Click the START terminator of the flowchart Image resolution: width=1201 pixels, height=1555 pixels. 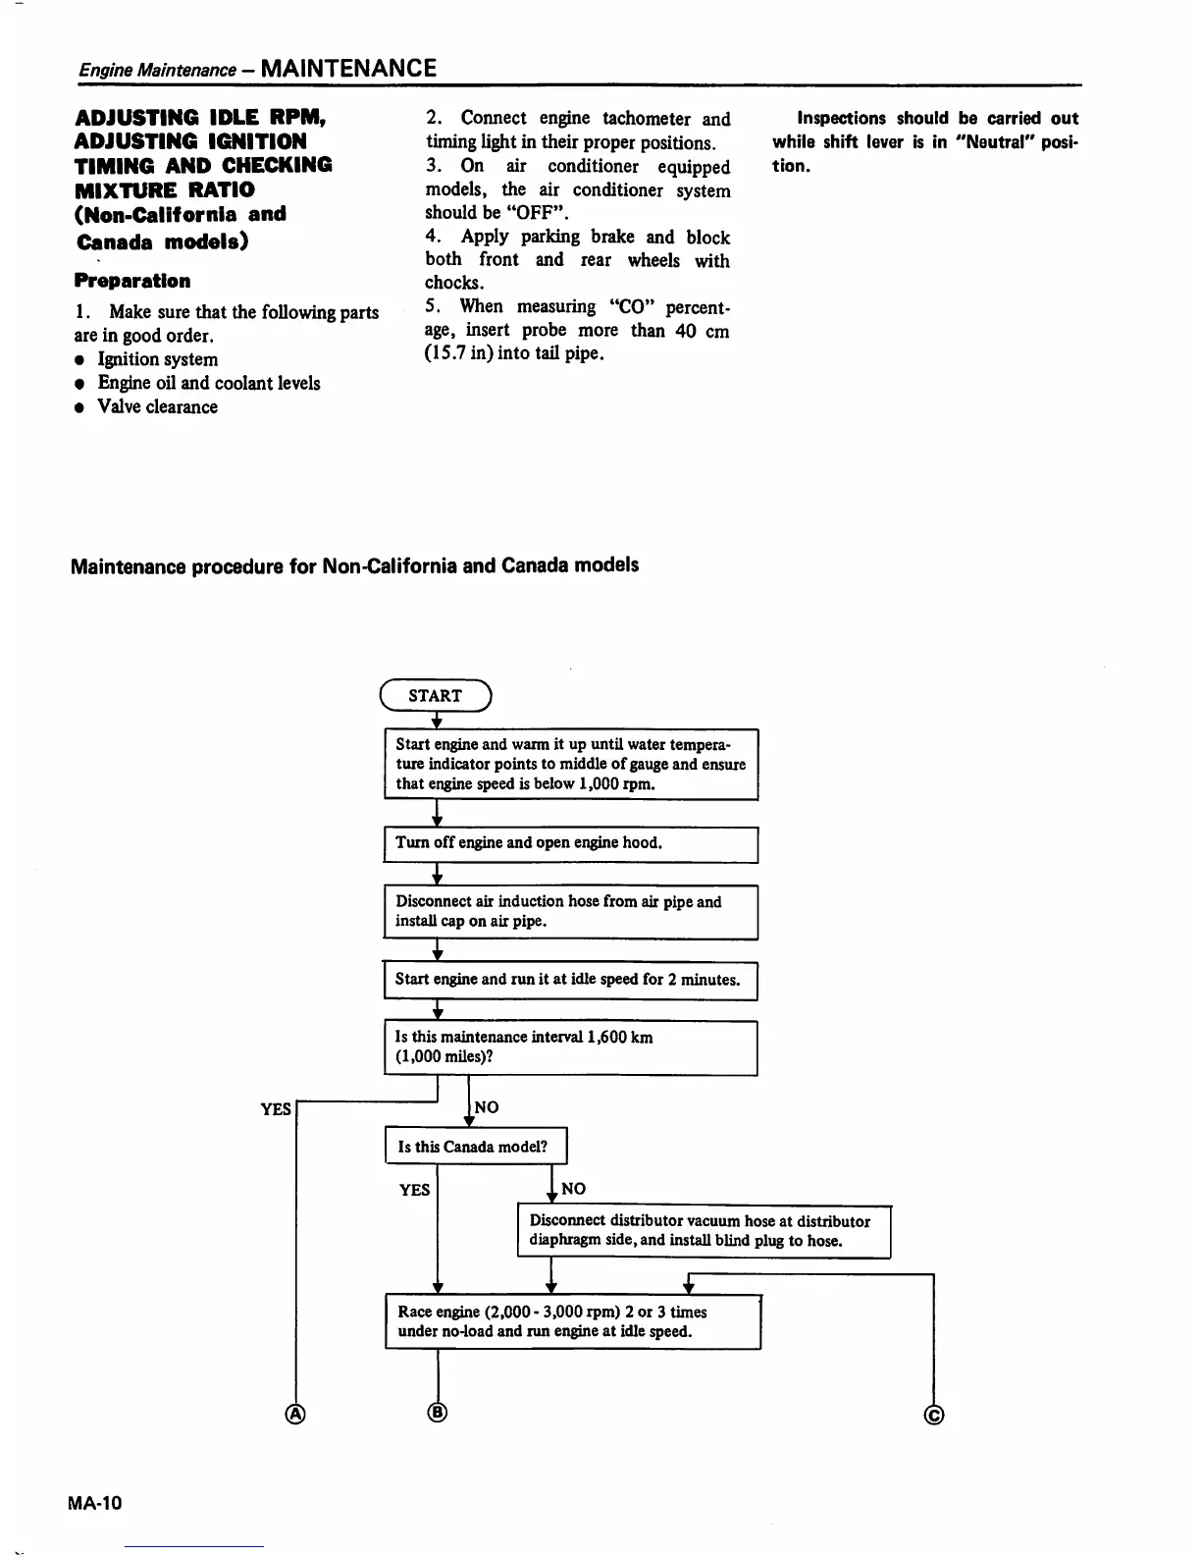436,696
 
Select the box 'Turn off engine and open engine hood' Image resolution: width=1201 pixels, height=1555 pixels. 570,843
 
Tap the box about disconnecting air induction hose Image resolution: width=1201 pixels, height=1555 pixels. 570,911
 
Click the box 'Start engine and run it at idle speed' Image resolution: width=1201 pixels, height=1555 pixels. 570,980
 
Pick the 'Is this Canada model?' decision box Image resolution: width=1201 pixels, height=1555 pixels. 476,1147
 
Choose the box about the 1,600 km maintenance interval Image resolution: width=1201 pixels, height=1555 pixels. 570,1047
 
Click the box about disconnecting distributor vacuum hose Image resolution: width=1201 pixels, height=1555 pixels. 704,1231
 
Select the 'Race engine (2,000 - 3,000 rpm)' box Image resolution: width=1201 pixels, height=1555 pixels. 573,1321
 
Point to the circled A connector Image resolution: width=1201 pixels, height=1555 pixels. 294,1414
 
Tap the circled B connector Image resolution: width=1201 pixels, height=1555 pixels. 438,1413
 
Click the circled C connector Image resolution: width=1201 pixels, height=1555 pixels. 934,1415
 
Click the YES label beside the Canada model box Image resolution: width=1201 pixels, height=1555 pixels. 414,1190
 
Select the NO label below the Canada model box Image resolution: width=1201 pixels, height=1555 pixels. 574,1189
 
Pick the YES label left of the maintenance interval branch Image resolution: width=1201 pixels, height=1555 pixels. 276,1109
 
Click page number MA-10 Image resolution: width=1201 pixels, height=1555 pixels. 96,1503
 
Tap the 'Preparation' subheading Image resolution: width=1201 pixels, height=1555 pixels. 132,281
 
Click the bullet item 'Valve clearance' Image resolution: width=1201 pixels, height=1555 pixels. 157,406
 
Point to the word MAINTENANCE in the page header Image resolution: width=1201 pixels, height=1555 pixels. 349,68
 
